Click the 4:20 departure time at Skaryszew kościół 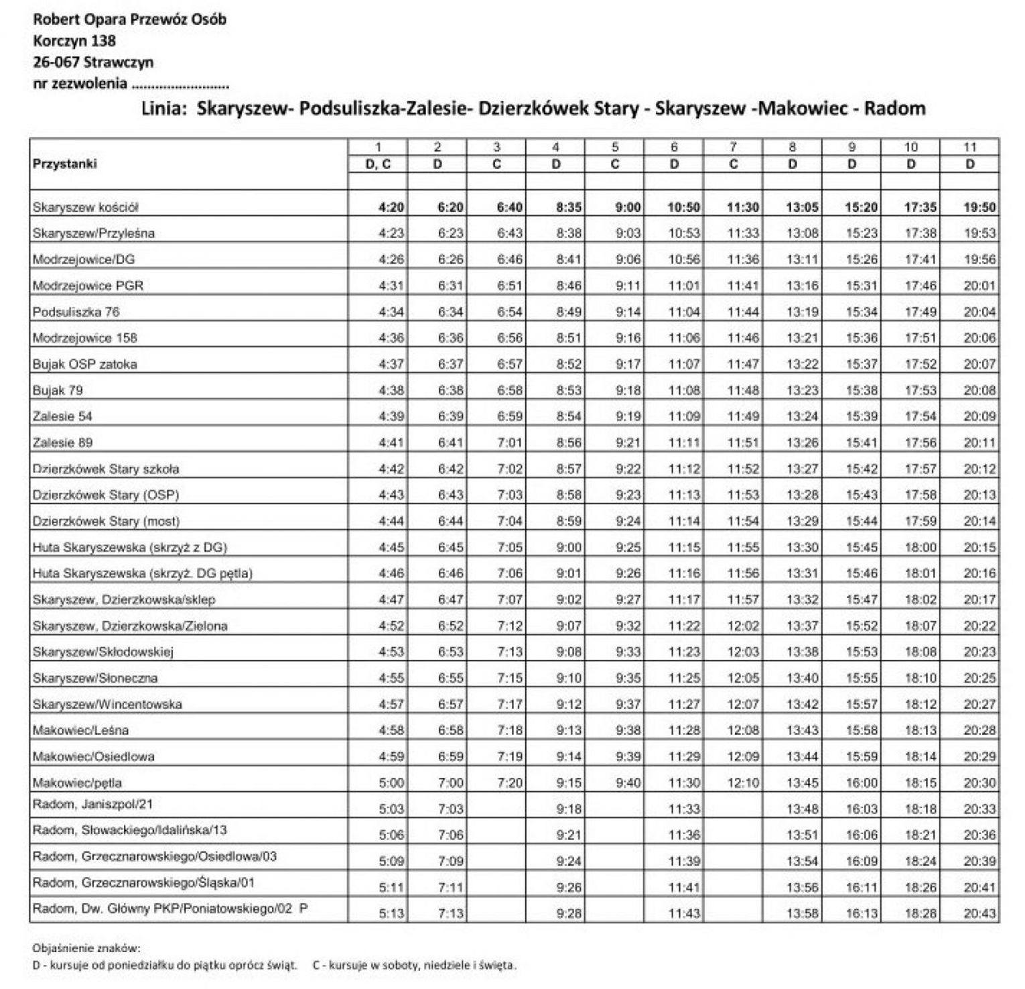coord(391,208)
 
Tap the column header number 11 coord(969,148)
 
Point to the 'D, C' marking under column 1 coord(378,164)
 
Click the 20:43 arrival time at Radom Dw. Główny coord(979,913)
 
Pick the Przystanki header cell coord(65,164)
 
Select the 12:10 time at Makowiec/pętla coord(743,782)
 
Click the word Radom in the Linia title coord(894,109)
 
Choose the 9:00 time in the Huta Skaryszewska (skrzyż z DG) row coord(569,547)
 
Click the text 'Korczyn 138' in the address coord(74,41)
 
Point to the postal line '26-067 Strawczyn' coord(93,62)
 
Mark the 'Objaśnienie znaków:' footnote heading coord(86,948)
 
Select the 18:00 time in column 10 coord(920,547)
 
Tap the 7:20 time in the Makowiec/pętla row coord(510,782)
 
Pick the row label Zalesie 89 coord(62,443)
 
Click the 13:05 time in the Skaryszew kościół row coord(802,208)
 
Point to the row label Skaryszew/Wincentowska coord(107,704)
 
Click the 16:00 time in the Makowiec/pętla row coord(862,782)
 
